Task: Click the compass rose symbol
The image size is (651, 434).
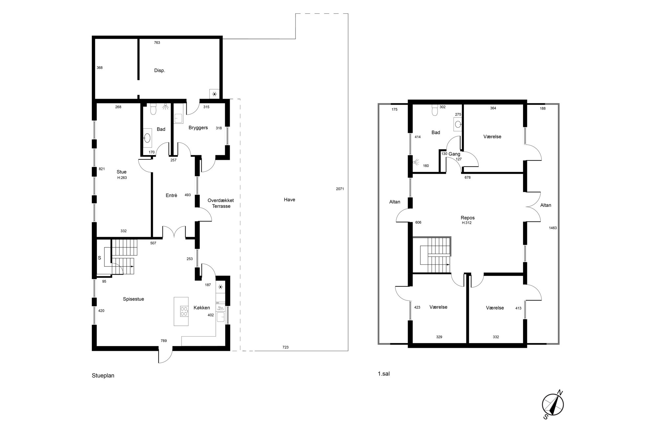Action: point(553,405)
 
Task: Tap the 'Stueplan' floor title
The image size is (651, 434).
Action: point(103,376)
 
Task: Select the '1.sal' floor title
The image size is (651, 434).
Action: point(384,374)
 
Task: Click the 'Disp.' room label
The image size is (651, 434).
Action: point(159,71)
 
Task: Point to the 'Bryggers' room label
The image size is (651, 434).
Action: point(198,128)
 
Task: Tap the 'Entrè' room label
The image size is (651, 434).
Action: point(171,195)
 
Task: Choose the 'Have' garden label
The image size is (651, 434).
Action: point(289,199)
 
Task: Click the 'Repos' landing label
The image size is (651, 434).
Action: point(468,217)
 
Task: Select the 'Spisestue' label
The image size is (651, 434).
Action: point(134,299)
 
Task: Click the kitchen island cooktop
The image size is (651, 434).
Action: point(184,311)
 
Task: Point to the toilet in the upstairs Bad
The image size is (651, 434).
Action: point(435,110)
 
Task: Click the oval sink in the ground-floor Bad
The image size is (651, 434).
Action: point(148,137)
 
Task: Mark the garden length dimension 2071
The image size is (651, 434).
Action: point(340,189)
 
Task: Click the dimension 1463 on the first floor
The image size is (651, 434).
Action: point(553,228)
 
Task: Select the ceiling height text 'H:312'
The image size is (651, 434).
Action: point(467,223)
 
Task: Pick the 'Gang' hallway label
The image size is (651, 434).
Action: point(454,154)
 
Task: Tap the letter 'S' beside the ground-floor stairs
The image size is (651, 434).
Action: point(99,258)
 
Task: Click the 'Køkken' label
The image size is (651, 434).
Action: point(202,308)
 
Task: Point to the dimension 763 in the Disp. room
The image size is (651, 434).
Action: point(157,43)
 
